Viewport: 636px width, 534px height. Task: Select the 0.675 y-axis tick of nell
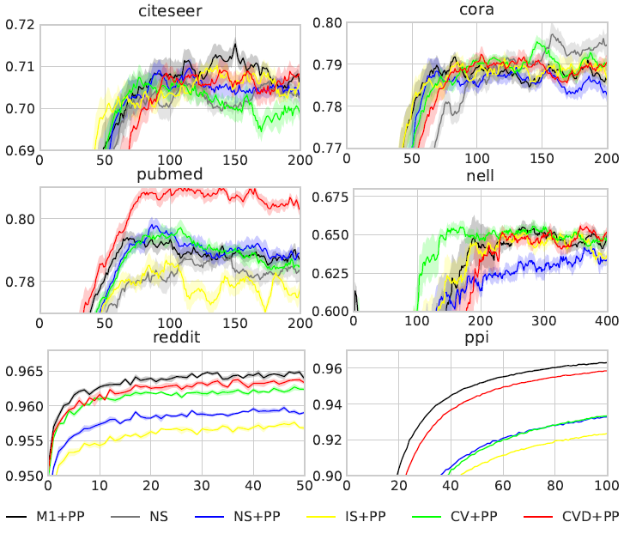pyautogui.click(x=326, y=197)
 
